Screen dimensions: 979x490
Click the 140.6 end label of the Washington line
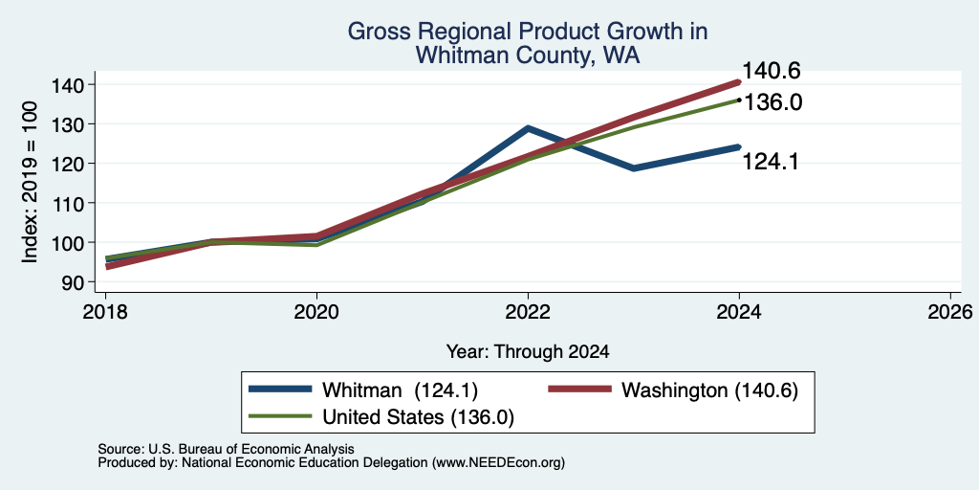point(772,71)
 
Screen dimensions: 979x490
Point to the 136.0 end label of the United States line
point(772,102)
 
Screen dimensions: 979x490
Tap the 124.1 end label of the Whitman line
point(770,162)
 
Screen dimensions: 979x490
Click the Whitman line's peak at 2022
point(528,128)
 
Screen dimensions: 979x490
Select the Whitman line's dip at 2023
point(634,168)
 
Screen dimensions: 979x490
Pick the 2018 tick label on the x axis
point(105,312)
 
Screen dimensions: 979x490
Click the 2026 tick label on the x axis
point(950,312)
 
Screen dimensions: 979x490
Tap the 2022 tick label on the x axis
point(528,312)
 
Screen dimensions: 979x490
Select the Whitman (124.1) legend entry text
point(400,390)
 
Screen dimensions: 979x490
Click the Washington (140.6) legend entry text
point(710,390)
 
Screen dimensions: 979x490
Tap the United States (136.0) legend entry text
point(418,417)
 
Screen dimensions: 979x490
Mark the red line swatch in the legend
point(579,389)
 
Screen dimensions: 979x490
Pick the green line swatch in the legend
point(280,415)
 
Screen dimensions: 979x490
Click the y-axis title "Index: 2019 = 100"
point(30,182)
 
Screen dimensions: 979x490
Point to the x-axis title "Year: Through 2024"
point(528,352)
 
